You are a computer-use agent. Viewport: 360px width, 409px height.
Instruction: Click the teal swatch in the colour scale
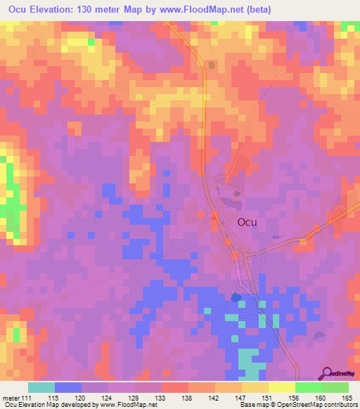coord(41,387)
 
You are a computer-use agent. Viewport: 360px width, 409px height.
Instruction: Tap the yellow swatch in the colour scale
coord(281,387)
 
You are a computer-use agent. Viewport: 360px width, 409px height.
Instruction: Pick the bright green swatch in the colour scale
coord(308,387)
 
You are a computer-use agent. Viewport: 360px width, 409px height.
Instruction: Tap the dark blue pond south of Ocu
coord(236,297)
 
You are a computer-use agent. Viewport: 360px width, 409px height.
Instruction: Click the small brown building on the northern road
coord(211,65)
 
